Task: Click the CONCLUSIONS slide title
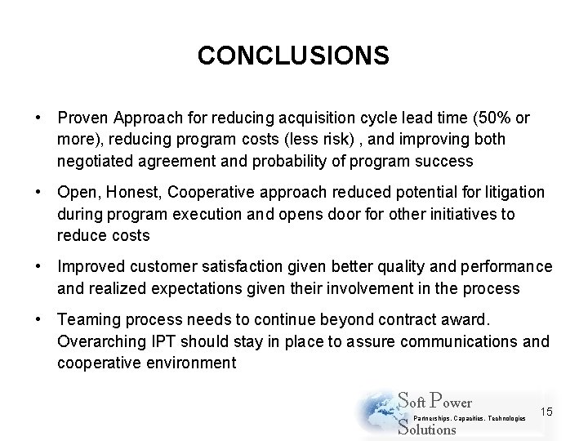pyautogui.click(x=293, y=56)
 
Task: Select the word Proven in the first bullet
pyautogui.click(x=82, y=118)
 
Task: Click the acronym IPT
pyautogui.click(x=159, y=341)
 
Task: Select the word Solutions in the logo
pyautogui.click(x=426, y=429)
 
